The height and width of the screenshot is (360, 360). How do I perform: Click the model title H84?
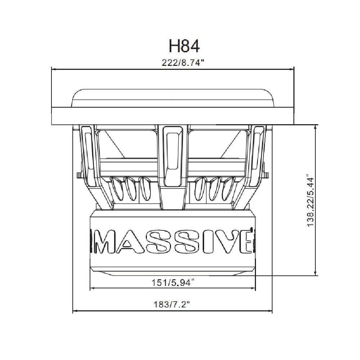(184, 46)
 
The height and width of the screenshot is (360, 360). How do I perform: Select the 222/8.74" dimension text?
(183, 63)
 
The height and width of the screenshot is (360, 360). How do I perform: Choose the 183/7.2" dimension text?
(171, 305)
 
